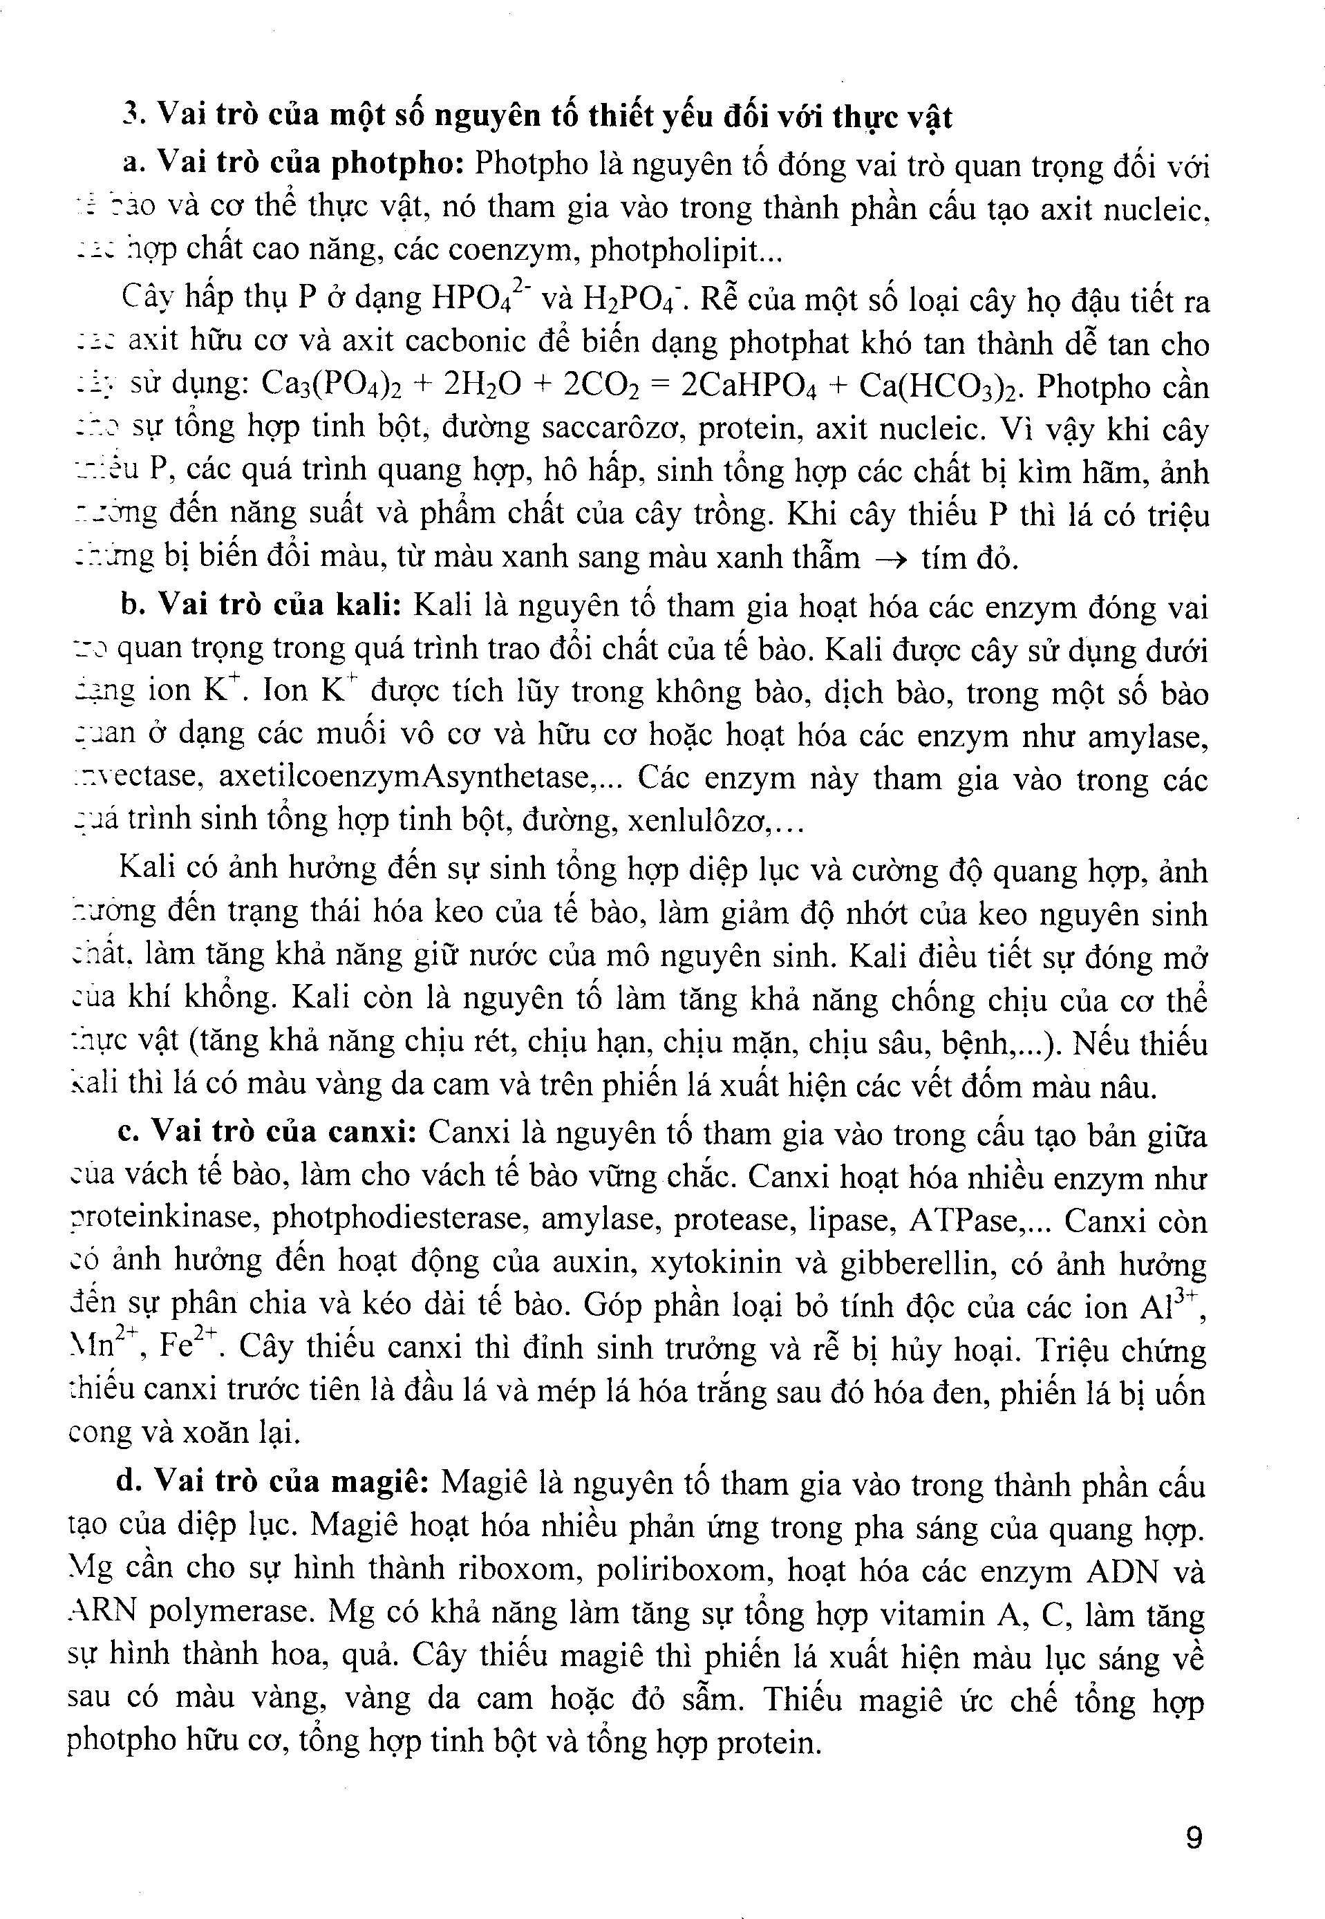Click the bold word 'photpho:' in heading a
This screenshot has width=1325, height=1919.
pos(397,164)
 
